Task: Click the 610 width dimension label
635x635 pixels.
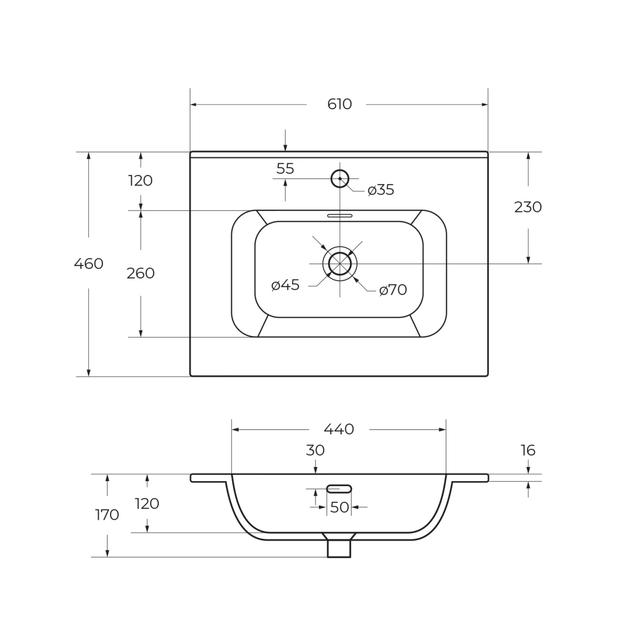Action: pyautogui.click(x=339, y=105)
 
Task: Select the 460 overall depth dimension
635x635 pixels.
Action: pyautogui.click(x=88, y=264)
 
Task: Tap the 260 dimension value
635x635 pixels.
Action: pyautogui.click(x=141, y=273)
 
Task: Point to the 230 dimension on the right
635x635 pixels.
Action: pyautogui.click(x=528, y=207)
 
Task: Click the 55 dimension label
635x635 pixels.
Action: pyautogui.click(x=285, y=169)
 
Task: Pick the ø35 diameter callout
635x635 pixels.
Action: pyautogui.click(x=381, y=190)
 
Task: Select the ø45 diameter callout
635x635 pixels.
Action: pyautogui.click(x=285, y=285)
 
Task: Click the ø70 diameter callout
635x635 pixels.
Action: pyautogui.click(x=393, y=290)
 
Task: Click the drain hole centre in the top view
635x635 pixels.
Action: pyautogui.click(x=340, y=264)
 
